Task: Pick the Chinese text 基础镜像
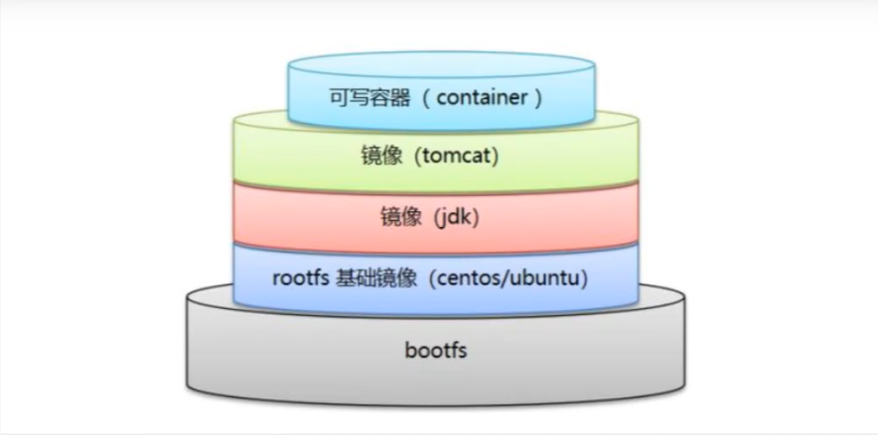point(378,277)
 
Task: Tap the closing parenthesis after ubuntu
point(588,277)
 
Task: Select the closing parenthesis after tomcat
point(494,157)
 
